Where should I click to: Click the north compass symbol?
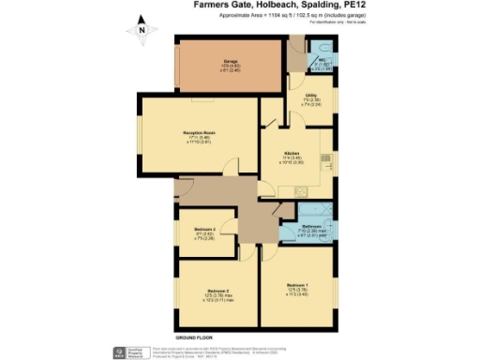click(x=142, y=30)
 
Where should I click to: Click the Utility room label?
click(x=313, y=97)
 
